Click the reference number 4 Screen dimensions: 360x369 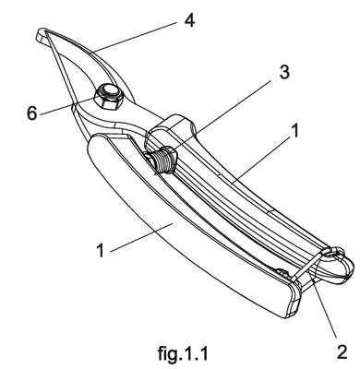point(190,21)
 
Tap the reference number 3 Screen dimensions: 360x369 point(283,72)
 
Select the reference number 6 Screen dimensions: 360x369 point(32,113)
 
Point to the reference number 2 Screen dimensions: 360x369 point(342,352)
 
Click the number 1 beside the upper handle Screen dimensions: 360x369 point(294,131)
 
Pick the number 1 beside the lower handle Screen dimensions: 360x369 point(101,250)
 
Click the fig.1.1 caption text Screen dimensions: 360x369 point(183,353)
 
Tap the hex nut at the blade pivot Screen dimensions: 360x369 point(109,97)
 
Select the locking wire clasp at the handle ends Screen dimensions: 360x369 point(311,265)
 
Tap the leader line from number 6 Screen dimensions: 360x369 point(66,106)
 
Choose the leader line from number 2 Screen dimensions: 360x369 point(325,310)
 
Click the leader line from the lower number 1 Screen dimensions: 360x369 point(141,237)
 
